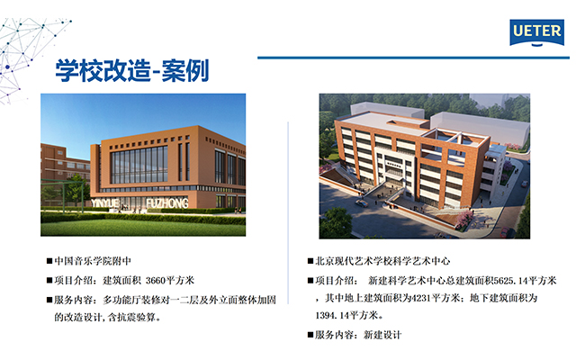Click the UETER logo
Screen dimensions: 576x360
[x=536, y=32]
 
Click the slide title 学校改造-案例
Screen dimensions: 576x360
[x=132, y=70]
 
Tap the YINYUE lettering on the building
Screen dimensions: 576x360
[x=105, y=203]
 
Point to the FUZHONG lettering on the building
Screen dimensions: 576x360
[x=167, y=203]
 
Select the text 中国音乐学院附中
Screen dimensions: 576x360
[x=93, y=261]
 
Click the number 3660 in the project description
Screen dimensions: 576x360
[x=156, y=281]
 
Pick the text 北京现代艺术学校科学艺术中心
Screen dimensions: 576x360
[x=382, y=261]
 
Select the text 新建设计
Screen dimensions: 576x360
[x=382, y=335]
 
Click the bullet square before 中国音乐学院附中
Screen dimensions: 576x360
[x=49, y=261]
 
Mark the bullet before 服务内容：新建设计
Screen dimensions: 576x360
[x=310, y=335]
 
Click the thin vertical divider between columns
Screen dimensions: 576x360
[x=288, y=213]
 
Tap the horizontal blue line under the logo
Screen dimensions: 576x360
[x=413, y=58]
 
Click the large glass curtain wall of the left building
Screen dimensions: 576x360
[x=139, y=166]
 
